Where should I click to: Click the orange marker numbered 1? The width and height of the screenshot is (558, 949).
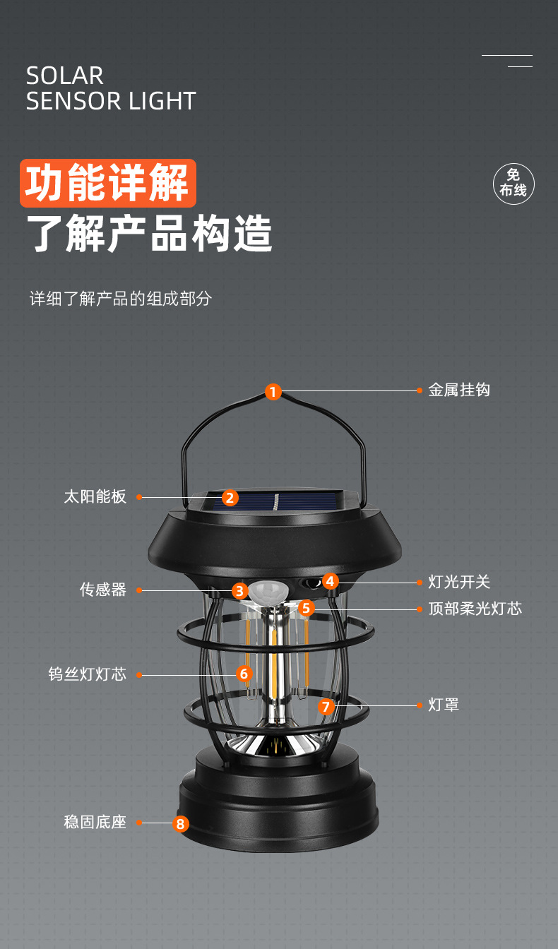click(273, 391)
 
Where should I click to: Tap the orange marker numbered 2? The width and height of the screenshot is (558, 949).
click(230, 498)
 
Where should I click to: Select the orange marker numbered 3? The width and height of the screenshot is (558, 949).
click(240, 591)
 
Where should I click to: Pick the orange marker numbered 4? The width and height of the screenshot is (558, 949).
click(331, 581)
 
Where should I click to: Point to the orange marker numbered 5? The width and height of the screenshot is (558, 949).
click(306, 608)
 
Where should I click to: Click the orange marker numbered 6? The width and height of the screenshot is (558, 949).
click(244, 674)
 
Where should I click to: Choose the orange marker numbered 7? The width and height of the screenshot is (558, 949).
click(325, 706)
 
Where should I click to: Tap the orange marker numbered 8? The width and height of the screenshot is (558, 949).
click(181, 823)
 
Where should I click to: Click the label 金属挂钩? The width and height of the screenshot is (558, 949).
click(459, 390)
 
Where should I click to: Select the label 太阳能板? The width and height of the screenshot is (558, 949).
click(95, 496)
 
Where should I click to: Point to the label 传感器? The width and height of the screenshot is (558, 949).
click(103, 590)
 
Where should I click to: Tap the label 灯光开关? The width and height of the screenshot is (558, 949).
click(459, 582)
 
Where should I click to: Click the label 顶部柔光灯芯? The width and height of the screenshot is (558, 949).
click(475, 609)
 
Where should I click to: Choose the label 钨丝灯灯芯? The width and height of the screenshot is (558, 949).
click(88, 674)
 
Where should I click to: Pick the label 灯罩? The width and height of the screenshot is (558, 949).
click(444, 705)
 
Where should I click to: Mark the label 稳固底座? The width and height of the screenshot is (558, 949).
click(95, 822)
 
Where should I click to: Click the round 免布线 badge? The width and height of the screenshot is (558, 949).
click(514, 184)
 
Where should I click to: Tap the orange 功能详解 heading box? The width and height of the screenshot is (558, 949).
click(107, 183)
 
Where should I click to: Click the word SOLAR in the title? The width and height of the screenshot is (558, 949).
click(65, 76)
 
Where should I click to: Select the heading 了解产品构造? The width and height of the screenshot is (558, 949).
click(149, 234)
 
